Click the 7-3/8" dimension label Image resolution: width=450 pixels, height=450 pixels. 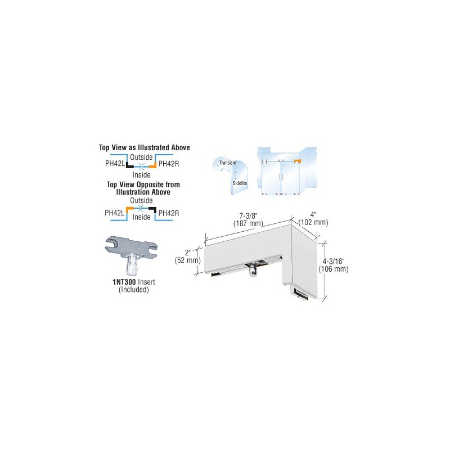coord(247,216)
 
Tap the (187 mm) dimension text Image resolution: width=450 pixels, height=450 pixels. coord(248,223)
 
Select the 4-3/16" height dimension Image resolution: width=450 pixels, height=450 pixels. coord(334,262)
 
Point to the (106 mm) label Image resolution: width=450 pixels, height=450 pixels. coord(334,269)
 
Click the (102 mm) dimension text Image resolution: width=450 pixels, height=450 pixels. coord(313,222)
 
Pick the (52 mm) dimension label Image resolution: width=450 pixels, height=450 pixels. coord(188,260)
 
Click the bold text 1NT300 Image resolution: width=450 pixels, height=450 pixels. coord(124,282)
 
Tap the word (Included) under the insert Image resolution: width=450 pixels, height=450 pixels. coord(134,290)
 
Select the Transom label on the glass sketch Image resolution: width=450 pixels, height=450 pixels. coord(228,163)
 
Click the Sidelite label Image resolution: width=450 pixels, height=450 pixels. coord(240,183)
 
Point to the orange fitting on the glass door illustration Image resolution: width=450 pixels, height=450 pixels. coord(298,161)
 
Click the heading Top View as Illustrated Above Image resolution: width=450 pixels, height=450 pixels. coord(145,148)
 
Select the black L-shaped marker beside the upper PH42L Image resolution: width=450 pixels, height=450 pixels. coord(129,165)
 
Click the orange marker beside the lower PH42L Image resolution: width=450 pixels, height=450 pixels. coord(129,209)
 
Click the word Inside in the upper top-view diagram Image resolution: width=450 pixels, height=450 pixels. coord(142,175)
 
